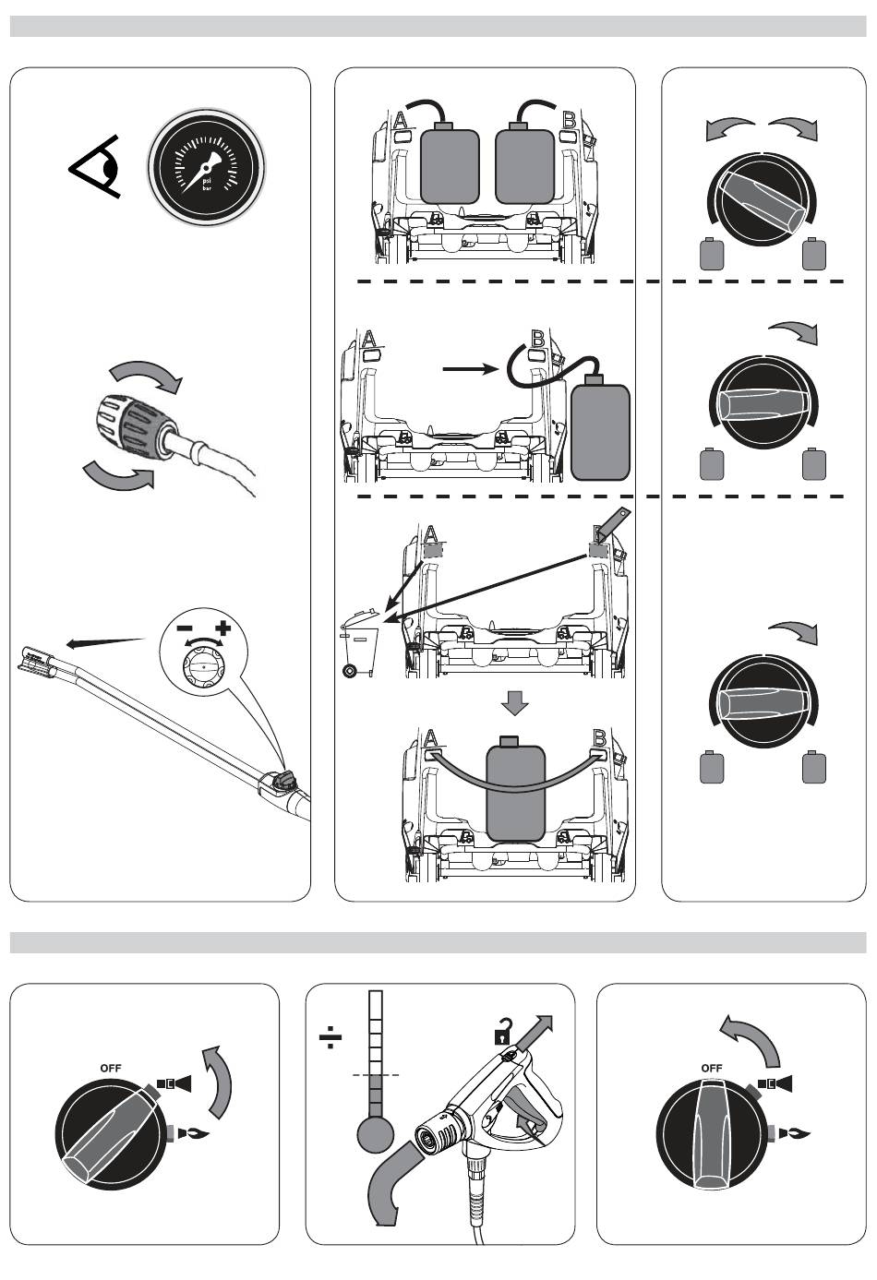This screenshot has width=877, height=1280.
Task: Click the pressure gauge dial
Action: [207, 170]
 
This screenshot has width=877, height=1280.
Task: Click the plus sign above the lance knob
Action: [222, 630]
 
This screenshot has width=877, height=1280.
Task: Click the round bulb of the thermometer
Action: [375, 1134]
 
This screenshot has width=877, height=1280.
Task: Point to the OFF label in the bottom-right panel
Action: [712, 1068]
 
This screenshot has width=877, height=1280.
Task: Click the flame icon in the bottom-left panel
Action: [194, 1132]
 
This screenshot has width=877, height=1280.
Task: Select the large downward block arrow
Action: [514, 703]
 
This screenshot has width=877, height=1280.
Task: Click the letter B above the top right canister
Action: [570, 119]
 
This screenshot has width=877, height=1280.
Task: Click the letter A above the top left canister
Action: [401, 119]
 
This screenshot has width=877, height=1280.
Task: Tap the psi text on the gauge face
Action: [207, 182]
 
